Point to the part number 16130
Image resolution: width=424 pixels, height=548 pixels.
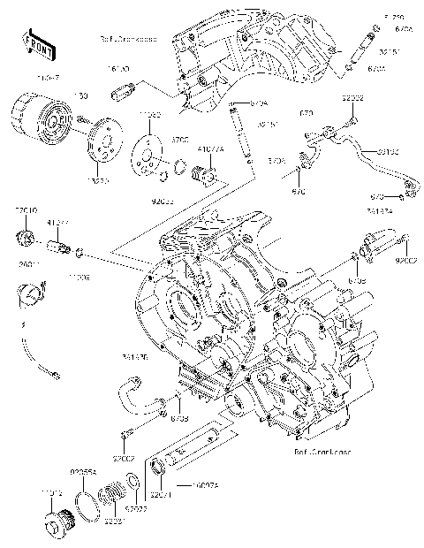[118, 67]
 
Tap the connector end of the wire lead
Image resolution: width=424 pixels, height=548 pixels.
[56, 376]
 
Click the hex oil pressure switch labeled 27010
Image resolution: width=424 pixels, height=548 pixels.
[28, 236]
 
